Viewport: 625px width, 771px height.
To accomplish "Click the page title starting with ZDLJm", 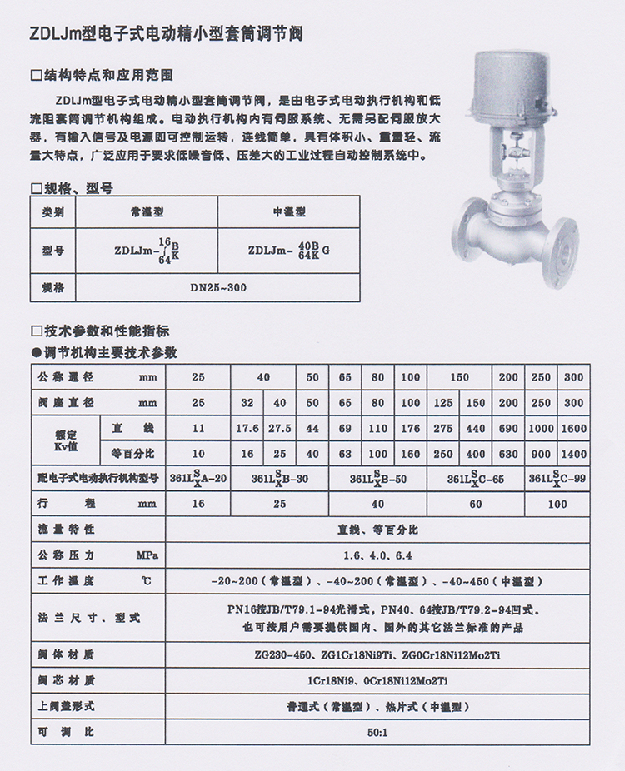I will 165,35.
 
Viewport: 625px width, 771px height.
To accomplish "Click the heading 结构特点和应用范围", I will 107,75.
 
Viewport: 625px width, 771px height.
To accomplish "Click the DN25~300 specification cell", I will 218,287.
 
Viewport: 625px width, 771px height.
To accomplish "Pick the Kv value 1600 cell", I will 574,429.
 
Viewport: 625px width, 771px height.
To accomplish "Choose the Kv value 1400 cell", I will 574,455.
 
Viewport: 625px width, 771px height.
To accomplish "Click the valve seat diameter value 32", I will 247,403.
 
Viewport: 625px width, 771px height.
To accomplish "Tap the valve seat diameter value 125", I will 443,403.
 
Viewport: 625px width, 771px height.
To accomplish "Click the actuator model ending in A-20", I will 197,479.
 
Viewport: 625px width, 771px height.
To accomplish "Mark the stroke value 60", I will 476,504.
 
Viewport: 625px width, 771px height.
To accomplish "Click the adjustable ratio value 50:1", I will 377,733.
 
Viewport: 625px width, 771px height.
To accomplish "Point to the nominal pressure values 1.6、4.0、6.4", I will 377,555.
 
